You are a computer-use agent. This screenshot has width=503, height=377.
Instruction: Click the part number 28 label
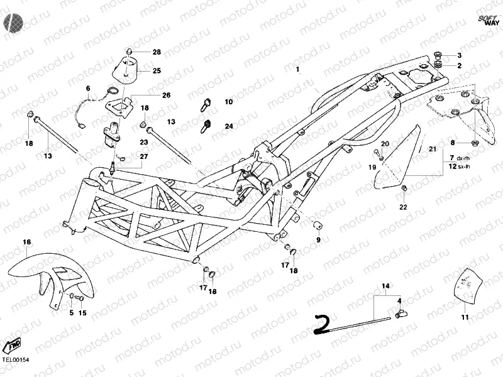click(157, 52)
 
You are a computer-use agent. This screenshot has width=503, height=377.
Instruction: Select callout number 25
click(157, 70)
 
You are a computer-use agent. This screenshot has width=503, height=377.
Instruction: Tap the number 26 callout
click(166, 96)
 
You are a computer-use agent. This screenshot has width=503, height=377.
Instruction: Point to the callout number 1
click(299, 69)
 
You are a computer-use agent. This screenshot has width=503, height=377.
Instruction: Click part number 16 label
click(27, 242)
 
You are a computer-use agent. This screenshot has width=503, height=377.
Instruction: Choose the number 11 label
click(465, 317)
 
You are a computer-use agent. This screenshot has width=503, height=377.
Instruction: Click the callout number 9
click(318, 240)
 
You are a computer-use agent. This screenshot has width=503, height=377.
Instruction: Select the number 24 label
click(228, 126)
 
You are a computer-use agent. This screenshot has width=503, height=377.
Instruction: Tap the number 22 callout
click(403, 207)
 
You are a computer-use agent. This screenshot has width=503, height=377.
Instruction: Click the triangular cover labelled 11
click(466, 287)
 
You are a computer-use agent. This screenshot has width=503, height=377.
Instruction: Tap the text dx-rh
click(463, 157)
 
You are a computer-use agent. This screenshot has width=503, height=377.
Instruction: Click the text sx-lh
click(463, 166)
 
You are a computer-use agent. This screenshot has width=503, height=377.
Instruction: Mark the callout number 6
click(88, 88)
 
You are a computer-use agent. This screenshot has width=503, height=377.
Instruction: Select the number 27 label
click(144, 156)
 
